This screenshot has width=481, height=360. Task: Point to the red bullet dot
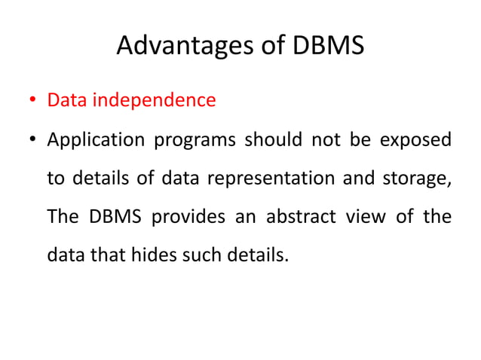point(32,101)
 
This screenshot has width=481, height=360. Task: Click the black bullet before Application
point(32,141)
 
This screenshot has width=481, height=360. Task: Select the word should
point(264,140)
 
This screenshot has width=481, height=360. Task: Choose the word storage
point(418,179)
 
